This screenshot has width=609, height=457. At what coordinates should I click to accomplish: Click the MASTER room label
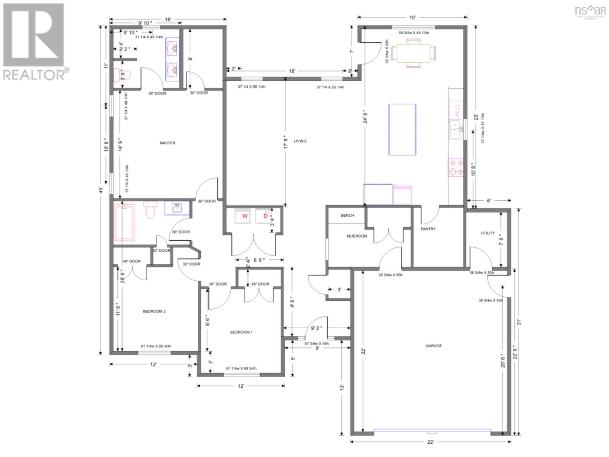point(167,143)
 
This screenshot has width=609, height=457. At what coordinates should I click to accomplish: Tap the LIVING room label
point(300,141)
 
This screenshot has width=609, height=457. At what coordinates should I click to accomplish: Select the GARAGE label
point(434,346)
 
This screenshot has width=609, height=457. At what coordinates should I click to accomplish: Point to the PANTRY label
point(428,229)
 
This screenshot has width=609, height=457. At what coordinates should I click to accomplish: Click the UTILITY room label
point(488,233)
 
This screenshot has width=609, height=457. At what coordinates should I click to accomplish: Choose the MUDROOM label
point(357,236)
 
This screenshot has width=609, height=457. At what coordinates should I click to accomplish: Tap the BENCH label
point(347,216)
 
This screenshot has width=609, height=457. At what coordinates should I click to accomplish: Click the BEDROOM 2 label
point(154,311)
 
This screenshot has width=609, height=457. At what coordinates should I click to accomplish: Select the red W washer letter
point(245,216)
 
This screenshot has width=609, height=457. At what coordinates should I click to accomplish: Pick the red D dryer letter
point(266,216)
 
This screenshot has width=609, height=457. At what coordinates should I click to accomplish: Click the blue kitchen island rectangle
point(402,129)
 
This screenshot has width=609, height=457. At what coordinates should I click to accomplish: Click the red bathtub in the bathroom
point(124,222)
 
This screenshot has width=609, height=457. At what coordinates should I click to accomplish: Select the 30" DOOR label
point(199,93)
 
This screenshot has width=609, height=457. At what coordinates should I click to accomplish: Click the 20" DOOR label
point(161,251)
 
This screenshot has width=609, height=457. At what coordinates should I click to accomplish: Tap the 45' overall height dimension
point(101,189)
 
